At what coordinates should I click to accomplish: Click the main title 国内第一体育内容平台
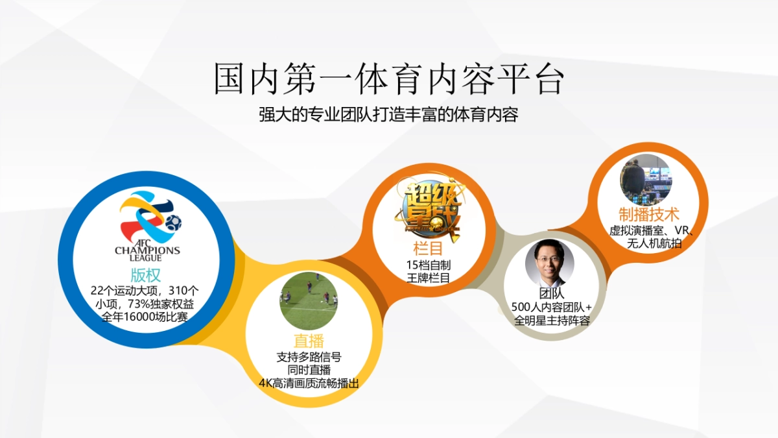point(389,79)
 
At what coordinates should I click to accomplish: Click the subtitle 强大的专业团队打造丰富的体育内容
point(389,116)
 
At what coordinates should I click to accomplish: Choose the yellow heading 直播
point(309,341)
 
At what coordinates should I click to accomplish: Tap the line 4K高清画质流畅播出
point(309,383)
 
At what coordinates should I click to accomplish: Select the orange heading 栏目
point(428,249)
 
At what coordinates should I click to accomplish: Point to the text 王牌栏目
point(429,278)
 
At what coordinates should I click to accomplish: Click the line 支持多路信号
point(309,357)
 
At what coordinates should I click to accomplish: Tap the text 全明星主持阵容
point(552,321)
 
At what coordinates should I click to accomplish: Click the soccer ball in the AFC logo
point(172,223)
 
